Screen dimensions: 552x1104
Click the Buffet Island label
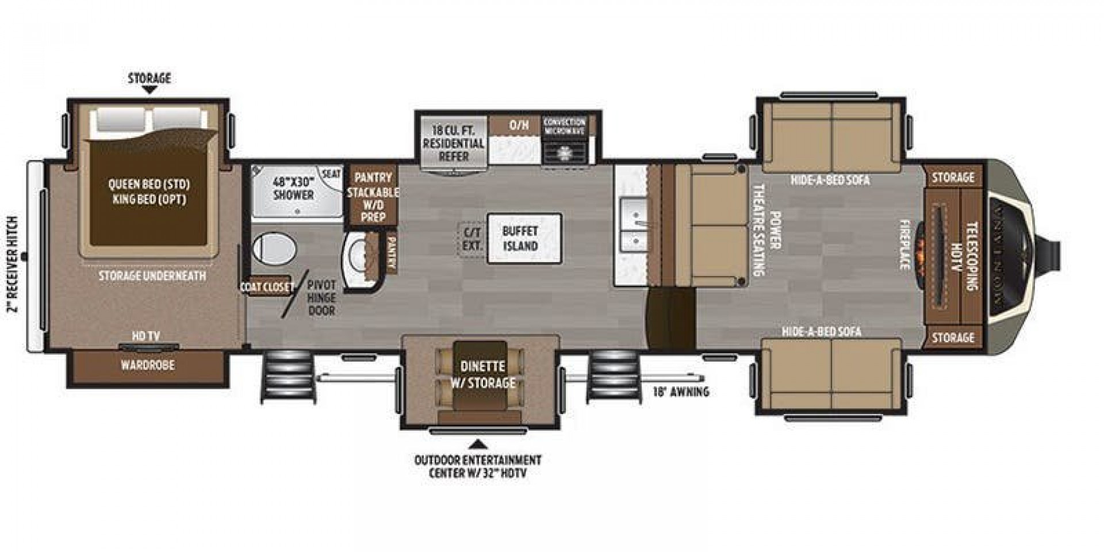520,239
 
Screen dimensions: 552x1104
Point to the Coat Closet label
267,286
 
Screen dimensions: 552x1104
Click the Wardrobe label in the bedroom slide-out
148,365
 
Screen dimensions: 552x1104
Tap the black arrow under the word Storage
149,90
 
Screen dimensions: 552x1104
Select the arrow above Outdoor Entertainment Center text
477,444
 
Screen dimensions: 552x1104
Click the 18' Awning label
681,392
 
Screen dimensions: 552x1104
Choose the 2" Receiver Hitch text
13,264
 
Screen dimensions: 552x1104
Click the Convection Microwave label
564,126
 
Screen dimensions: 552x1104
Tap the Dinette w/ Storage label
482,374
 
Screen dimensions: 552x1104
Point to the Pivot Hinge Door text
321,298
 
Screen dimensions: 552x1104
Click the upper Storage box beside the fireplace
953,178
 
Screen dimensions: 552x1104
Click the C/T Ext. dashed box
471,239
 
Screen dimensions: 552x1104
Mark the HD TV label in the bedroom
146,336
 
